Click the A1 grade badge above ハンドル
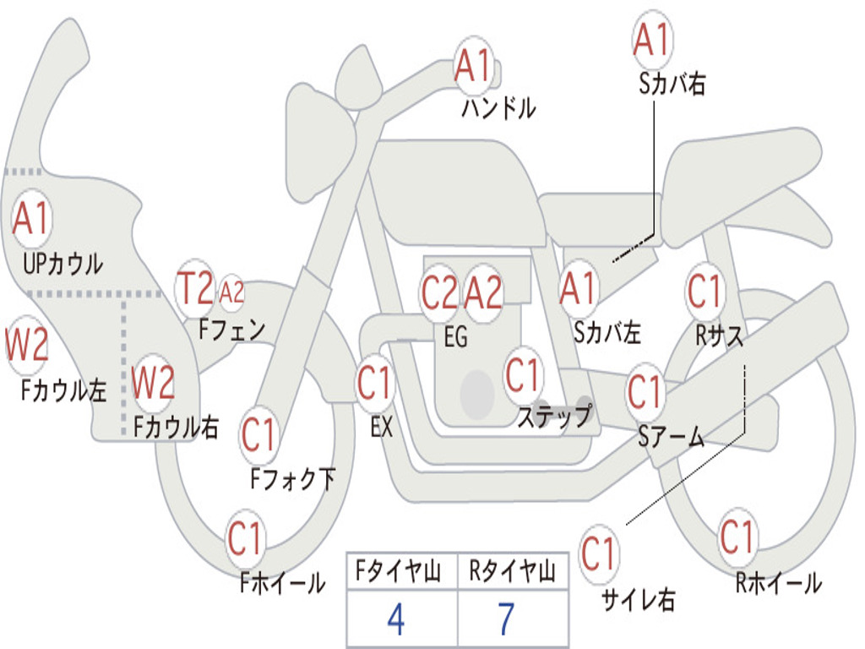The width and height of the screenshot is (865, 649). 472,65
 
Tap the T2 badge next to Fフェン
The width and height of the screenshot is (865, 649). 195,289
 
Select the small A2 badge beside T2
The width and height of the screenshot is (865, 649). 231,292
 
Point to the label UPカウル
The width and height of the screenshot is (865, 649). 63,264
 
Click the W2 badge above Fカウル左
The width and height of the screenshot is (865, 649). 26,345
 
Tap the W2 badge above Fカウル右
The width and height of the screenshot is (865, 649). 153,383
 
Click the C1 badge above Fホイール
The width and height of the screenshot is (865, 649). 245,539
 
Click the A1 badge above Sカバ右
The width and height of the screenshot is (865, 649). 651,39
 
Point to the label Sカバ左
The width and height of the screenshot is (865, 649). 607,333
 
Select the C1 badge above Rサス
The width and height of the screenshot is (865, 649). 704,292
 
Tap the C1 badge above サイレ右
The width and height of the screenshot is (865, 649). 598,555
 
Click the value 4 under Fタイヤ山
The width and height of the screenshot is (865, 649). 395,619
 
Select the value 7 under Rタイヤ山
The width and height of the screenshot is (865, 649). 506,619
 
